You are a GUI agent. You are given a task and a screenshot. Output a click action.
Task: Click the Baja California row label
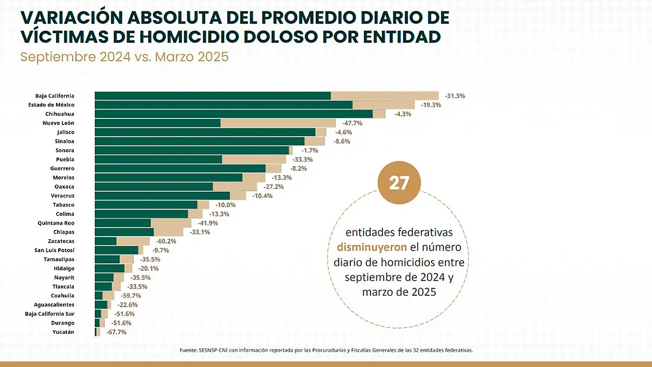(54, 96)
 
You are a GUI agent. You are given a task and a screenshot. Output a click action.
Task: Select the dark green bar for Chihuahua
(234, 114)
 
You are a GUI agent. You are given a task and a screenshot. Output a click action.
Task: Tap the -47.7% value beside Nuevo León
(352, 123)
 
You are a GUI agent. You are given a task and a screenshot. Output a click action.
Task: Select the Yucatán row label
(63, 332)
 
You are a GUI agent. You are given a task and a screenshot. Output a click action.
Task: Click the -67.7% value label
(116, 332)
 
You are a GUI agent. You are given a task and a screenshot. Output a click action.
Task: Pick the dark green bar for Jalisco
(205, 132)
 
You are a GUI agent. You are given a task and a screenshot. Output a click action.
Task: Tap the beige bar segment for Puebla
(254, 159)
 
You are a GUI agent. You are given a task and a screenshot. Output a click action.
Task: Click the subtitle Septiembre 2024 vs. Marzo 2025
(124, 57)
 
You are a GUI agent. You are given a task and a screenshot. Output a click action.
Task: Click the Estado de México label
(52, 105)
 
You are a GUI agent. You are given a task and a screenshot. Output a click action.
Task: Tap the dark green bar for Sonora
(192, 151)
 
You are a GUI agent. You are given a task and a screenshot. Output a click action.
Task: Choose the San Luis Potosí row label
(54, 250)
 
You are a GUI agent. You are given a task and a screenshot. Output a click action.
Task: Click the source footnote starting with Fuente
(326, 350)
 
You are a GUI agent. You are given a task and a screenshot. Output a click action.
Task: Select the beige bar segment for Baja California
(384, 96)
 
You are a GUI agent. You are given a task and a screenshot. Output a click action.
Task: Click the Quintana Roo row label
(56, 223)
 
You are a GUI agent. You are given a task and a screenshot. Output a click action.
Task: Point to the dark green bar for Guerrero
(180, 169)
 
